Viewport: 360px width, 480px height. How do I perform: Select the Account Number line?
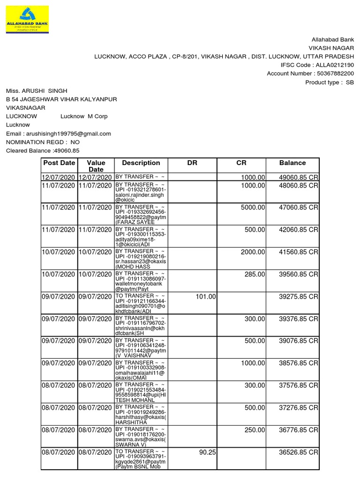click(310, 74)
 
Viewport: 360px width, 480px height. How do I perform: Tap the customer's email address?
click(58, 134)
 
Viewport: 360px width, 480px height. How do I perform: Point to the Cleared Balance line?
click(43, 150)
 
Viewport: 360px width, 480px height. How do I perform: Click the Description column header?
click(141, 163)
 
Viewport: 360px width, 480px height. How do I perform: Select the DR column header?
click(192, 163)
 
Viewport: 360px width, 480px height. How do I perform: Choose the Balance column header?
click(292, 163)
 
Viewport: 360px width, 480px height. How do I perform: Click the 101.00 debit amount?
click(206, 297)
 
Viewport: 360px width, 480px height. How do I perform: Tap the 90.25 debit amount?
click(207, 452)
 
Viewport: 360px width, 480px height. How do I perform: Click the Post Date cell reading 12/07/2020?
click(59, 178)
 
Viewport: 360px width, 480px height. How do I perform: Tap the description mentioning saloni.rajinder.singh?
click(141, 192)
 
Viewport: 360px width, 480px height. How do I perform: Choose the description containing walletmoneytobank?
click(141, 281)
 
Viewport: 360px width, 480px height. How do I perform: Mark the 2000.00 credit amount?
click(253, 252)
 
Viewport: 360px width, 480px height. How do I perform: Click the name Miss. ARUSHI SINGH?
click(37, 90)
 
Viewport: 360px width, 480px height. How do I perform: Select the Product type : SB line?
click(330, 82)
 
